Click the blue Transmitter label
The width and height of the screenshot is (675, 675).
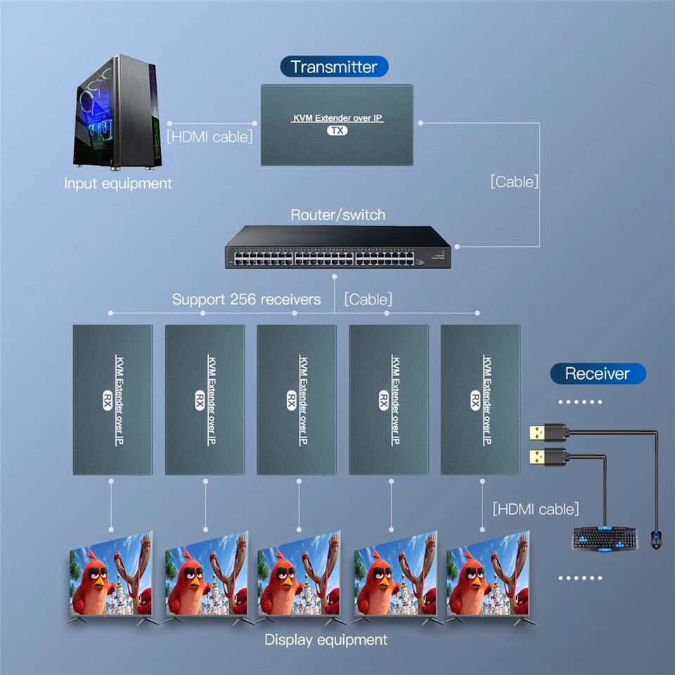click(334, 67)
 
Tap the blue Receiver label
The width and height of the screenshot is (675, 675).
click(597, 373)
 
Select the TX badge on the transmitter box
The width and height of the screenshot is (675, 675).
click(337, 131)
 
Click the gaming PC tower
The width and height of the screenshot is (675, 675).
click(117, 116)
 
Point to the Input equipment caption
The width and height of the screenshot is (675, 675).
click(117, 184)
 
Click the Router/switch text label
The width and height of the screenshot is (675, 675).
click(337, 214)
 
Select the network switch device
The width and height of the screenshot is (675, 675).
click(337, 247)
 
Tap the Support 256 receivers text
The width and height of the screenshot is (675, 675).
click(246, 300)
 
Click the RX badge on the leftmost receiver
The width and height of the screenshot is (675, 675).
click(108, 399)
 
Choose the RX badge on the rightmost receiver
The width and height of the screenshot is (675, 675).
click(475, 399)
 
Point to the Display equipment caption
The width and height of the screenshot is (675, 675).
click(326, 640)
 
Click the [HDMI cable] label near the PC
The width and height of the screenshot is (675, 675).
click(210, 136)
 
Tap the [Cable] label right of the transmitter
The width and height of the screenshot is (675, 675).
click(514, 181)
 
